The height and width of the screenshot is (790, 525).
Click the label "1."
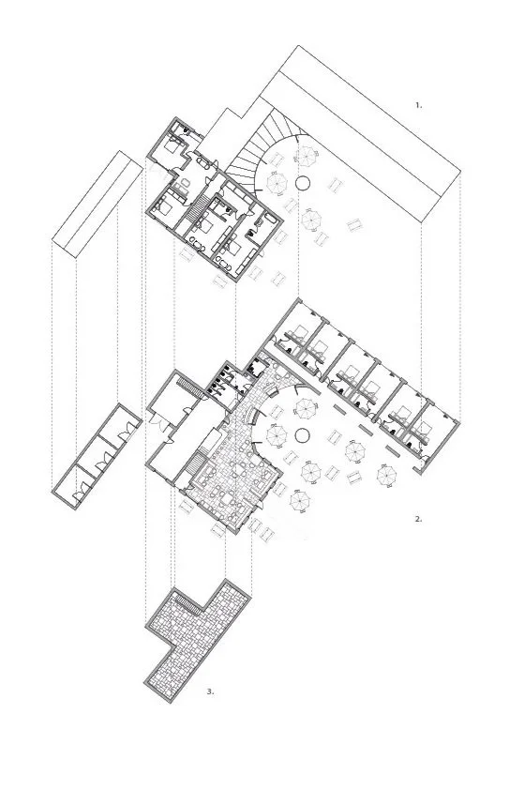(418, 106)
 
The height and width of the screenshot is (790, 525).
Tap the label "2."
(418, 517)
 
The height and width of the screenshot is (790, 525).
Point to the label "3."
(210, 691)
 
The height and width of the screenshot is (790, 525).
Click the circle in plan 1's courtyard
(304, 182)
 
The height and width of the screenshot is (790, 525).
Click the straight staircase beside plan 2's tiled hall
(198, 463)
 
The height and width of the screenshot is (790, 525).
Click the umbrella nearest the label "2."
(387, 477)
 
